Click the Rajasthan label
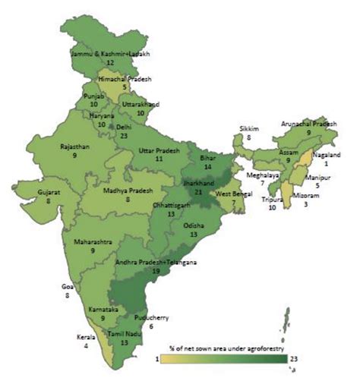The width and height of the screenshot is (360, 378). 75,146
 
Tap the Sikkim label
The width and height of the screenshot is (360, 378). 250,130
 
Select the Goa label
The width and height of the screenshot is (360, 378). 68,286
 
